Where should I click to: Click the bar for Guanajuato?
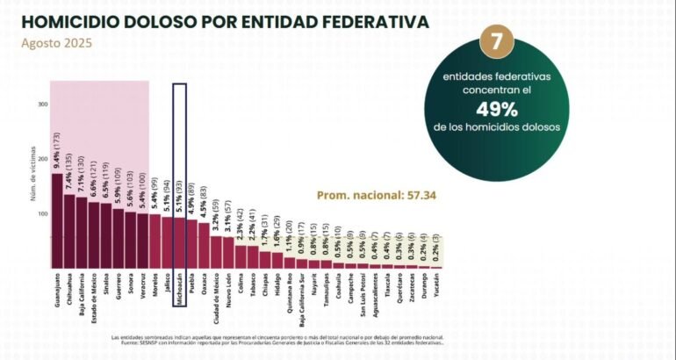click(57, 220)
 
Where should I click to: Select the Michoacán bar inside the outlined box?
click(179, 242)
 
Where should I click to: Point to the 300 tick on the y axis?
click(42, 104)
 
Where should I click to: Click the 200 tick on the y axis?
click(42, 159)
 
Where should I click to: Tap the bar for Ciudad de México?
click(216, 251)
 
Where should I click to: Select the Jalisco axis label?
click(167, 286)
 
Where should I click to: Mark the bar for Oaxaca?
click(204, 245)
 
